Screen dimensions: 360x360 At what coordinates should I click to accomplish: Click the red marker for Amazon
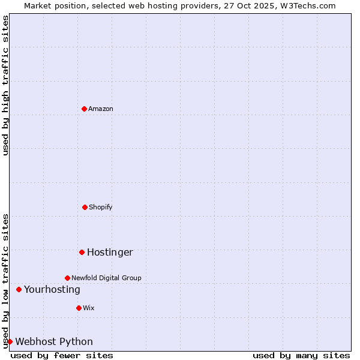click(84, 109)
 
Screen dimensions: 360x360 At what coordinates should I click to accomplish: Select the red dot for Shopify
click(85, 207)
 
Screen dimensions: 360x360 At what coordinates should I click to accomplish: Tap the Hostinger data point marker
click(82, 252)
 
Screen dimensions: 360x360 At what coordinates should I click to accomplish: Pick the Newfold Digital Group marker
click(67, 278)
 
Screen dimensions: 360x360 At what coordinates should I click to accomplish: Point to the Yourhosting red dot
click(19, 289)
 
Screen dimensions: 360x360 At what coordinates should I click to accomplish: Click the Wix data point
click(79, 308)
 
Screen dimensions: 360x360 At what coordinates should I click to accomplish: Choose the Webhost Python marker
click(10, 341)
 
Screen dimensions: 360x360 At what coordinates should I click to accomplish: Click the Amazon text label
click(101, 109)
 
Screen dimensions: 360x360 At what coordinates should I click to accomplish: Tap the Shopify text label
click(101, 207)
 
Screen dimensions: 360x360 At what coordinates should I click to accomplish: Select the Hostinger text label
click(110, 252)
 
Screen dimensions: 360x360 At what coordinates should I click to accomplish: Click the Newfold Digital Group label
click(106, 278)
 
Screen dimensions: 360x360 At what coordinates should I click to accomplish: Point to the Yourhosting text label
click(52, 289)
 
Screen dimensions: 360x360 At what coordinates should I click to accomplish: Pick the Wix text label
click(89, 308)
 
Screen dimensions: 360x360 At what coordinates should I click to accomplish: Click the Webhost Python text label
click(54, 341)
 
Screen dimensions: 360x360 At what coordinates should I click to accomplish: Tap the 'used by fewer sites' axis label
click(62, 355)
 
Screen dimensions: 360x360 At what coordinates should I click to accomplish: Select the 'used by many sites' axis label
click(301, 355)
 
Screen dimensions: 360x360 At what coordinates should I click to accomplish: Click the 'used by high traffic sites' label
click(5, 85)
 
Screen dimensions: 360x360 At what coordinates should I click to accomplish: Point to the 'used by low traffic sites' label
click(5, 280)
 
